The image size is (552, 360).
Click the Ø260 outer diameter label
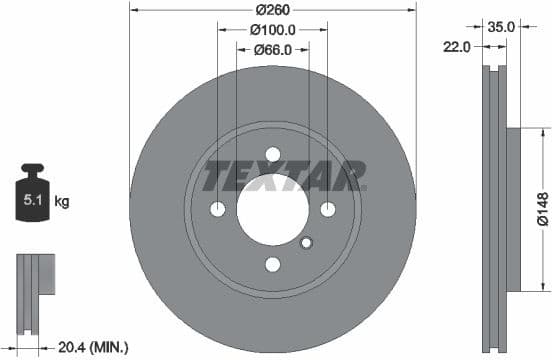click(x=272, y=9)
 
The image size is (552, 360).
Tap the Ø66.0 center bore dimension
click(x=272, y=51)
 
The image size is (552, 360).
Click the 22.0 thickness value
click(x=458, y=46)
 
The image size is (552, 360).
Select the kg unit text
click(x=62, y=202)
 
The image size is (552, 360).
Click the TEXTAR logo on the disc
click(x=283, y=177)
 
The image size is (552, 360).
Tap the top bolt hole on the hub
click(x=272, y=153)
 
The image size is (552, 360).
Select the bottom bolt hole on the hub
click(x=272, y=264)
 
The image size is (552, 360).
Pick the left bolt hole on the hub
click(x=218, y=209)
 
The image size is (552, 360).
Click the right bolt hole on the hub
click(x=328, y=209)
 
